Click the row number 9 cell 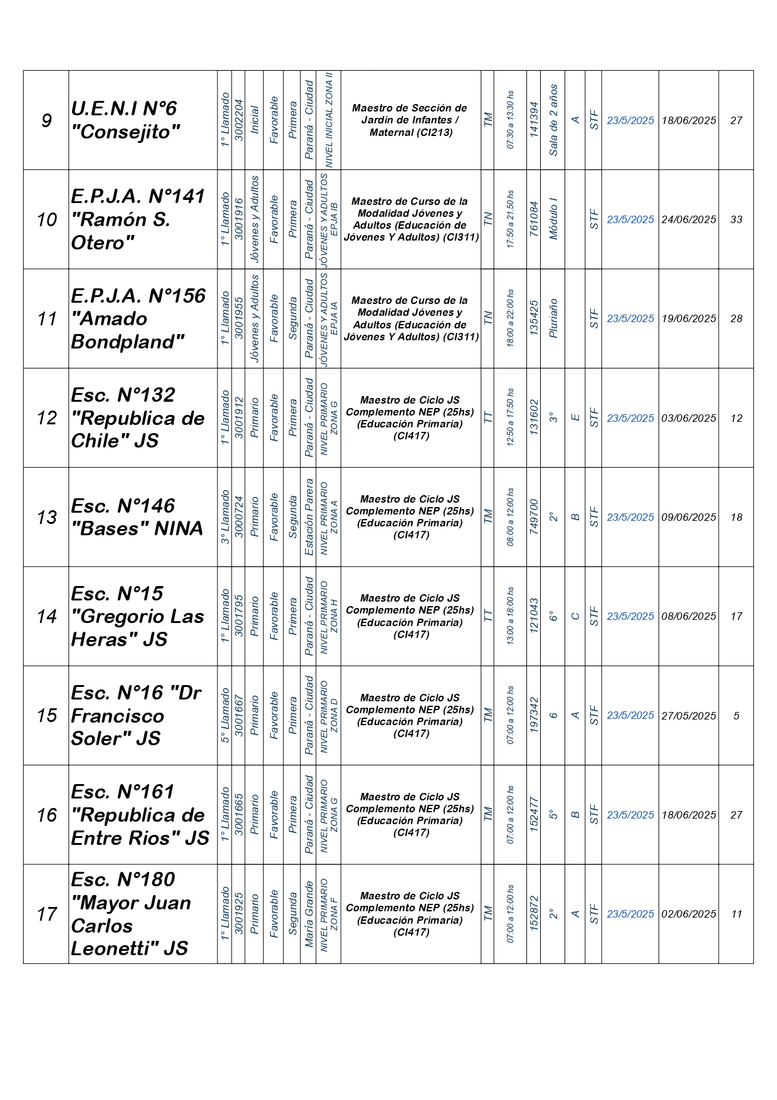(46, 120)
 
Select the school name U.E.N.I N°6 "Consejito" (125, 120)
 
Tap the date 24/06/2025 (689, 219)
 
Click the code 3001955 (239, 318)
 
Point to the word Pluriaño (553, 318)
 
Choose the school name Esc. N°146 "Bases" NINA (137, 517)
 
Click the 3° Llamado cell (225, 517)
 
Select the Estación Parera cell (309, 517)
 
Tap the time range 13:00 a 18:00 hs (511, 616)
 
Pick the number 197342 (534, 715)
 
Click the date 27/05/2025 (689, 716)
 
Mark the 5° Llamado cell (225, 715)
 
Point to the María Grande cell (309, 914)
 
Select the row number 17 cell (46, 914)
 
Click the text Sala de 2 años (553, 120)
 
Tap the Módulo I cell (553, 219)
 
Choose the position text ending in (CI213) (410, 120)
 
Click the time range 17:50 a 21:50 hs (511, 219)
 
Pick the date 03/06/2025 (689, 418)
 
